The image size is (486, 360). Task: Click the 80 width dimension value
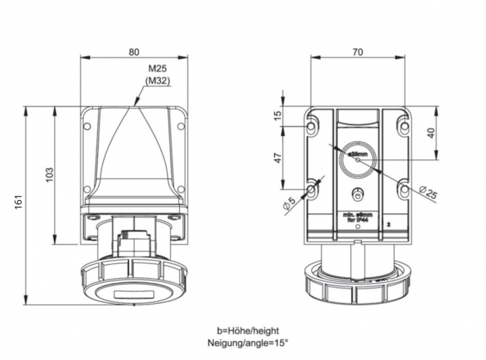[134, 51]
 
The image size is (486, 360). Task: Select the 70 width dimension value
[358, 51]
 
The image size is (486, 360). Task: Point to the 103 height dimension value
[49, 175]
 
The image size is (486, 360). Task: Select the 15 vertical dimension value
[277, 115]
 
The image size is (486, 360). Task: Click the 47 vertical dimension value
[277, 158]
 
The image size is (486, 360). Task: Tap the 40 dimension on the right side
[431, 133]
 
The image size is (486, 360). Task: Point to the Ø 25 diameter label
[428, 193]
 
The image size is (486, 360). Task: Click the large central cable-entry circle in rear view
[357, 159]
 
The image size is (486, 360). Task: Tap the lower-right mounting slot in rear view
[403, 189]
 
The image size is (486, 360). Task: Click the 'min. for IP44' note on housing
[357, 218]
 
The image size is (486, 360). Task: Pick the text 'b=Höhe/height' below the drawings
[247, 331]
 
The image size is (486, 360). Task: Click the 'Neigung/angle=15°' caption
[247, 343]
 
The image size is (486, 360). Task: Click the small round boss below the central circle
[357, 194]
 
